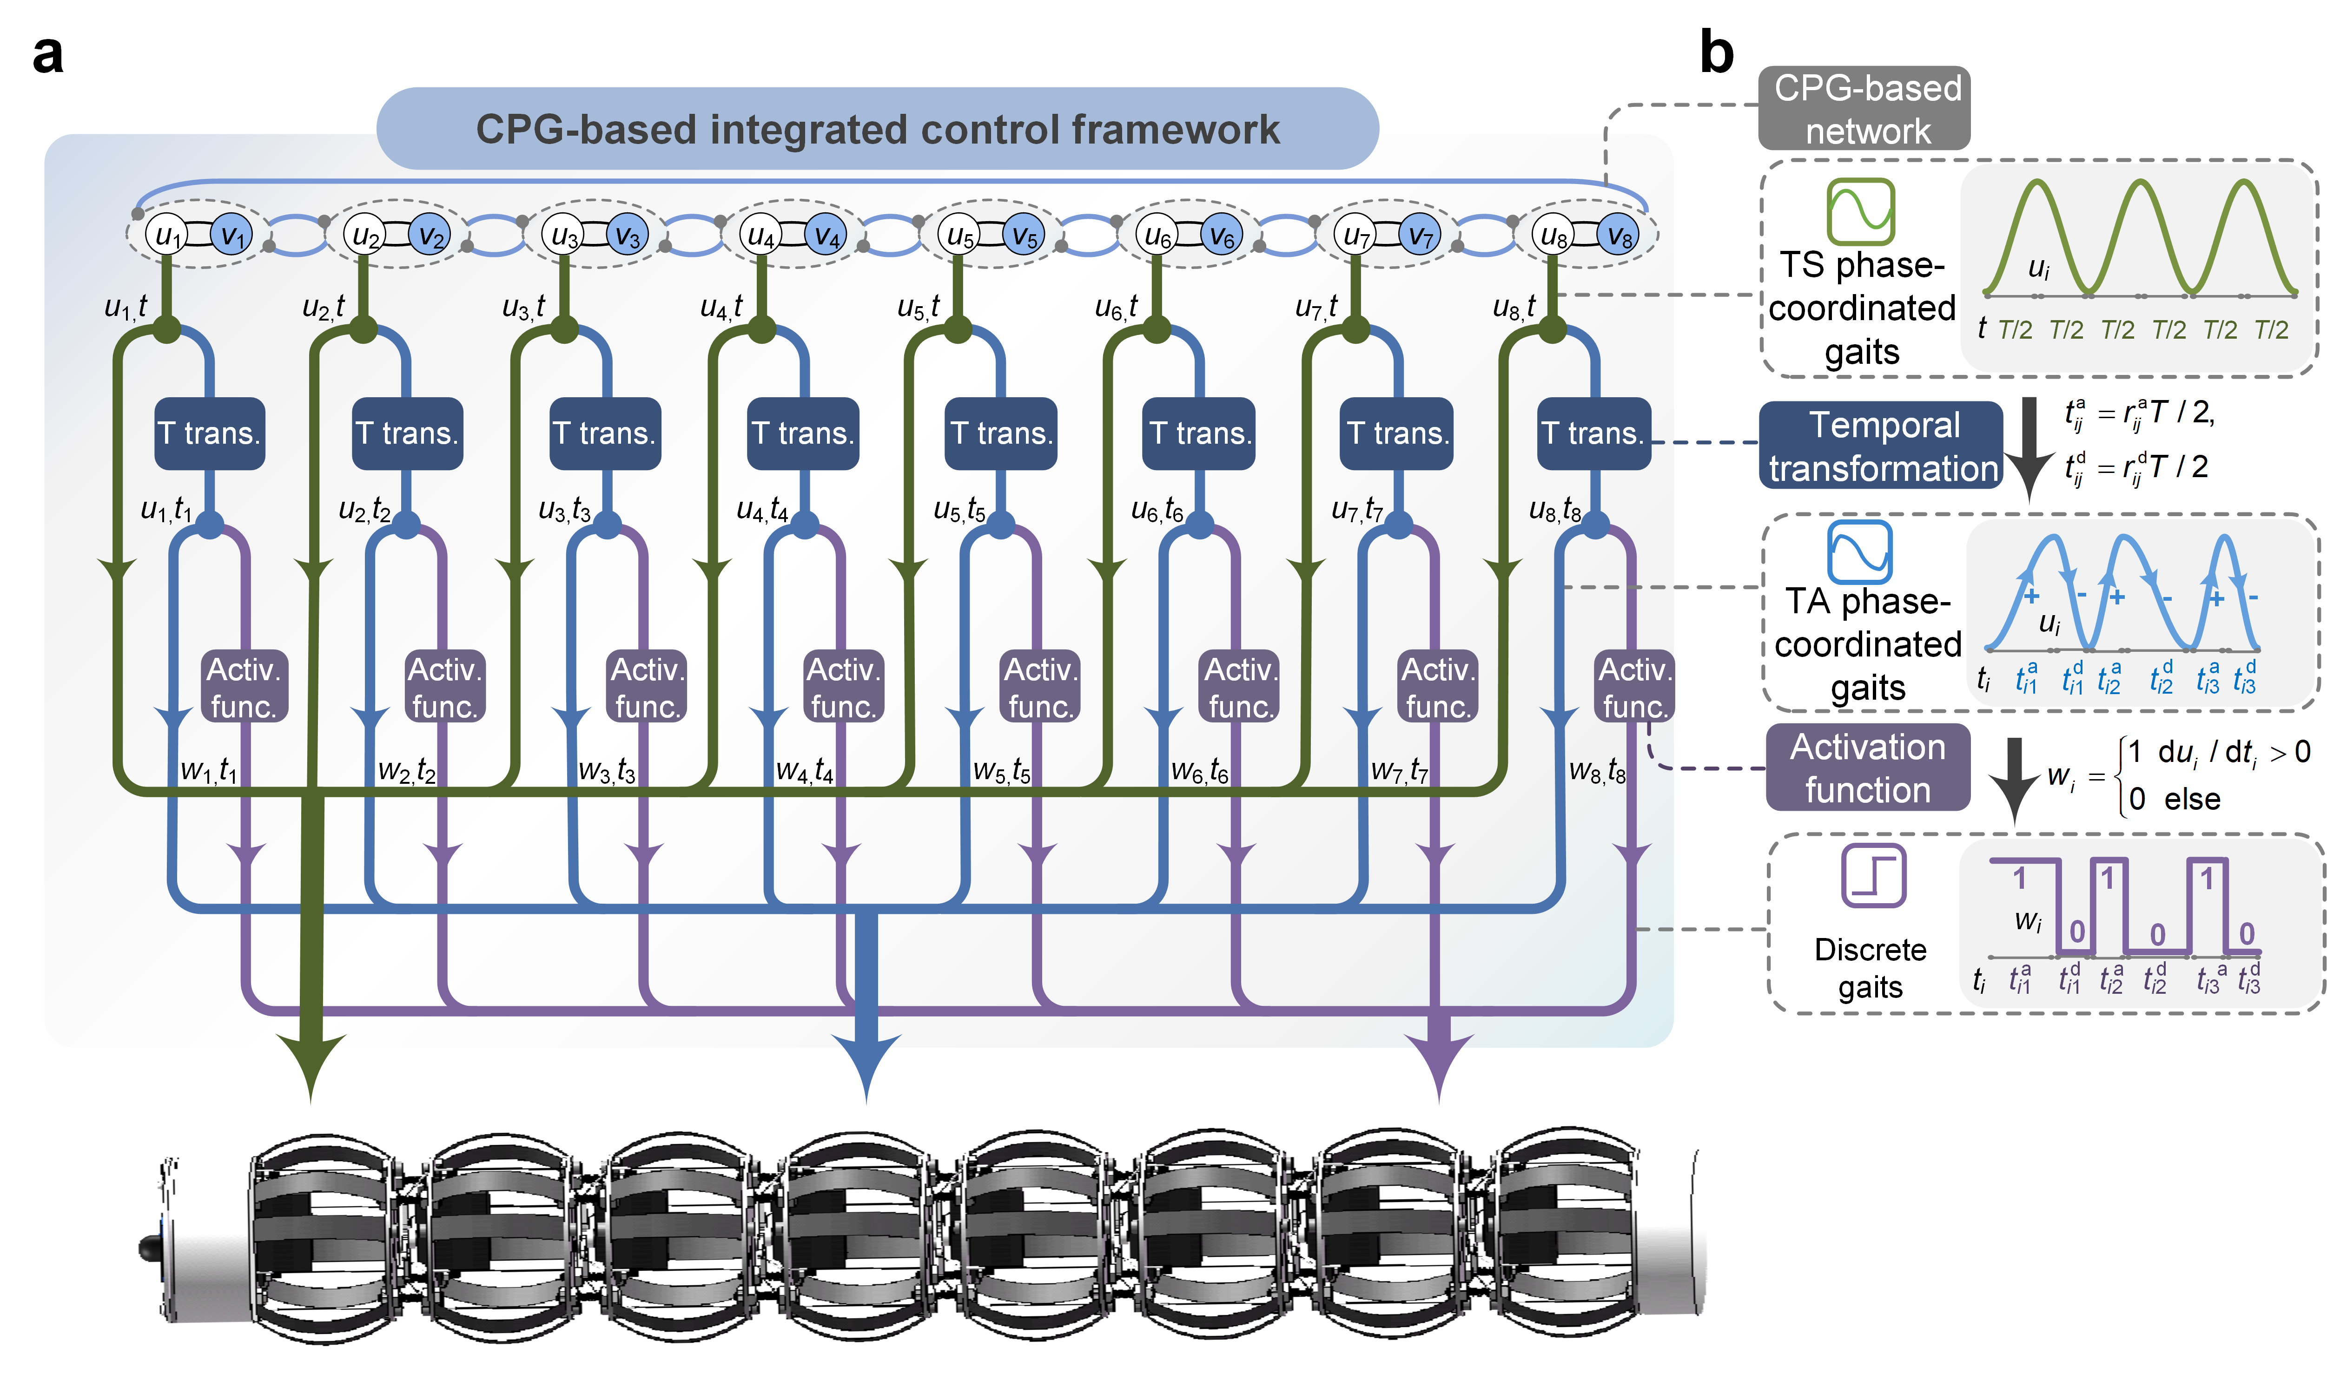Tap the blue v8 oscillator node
click(1619, 234)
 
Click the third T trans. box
click(605, 433)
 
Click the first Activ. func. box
click(244, 687)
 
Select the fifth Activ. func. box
click(1041, 687)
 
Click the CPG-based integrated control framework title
click(878, 129)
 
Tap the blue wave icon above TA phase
click(1859, 551)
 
